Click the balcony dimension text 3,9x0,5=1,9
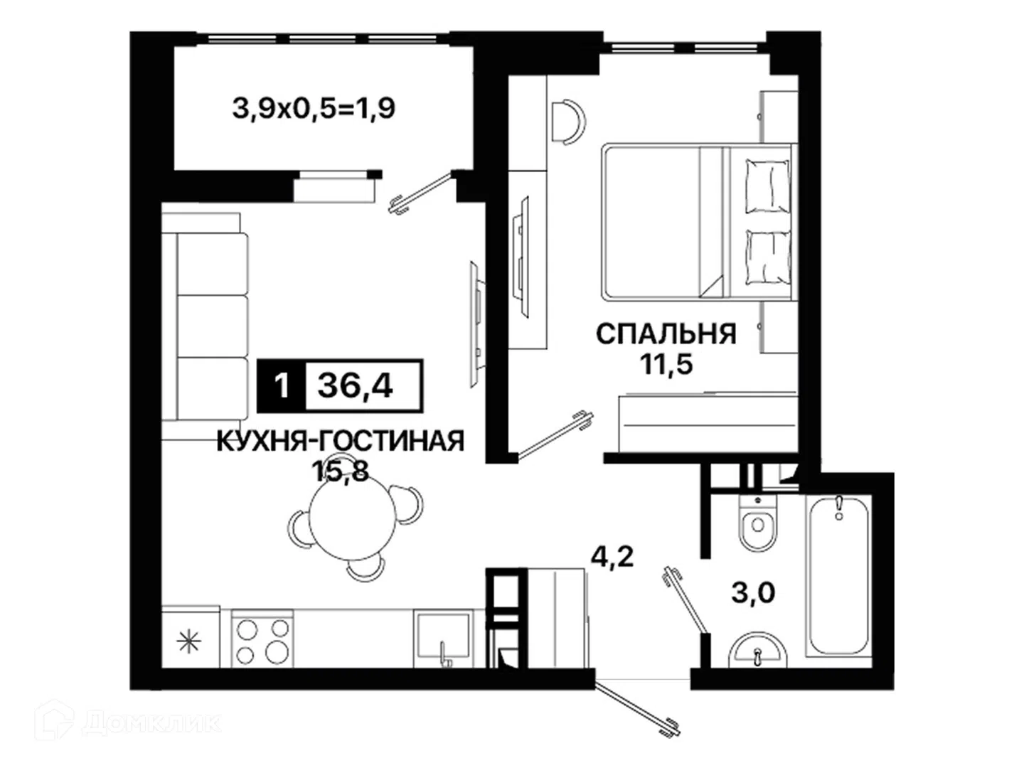pos(314,109)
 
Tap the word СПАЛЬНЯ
pos(666,334)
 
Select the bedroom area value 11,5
pos(666,364)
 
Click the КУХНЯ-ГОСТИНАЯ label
pos(341,441)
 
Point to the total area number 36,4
pos(355,386)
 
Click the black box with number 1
pos(282,386)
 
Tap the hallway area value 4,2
pos(612,556)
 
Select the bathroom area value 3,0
pos(753,592)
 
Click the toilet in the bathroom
pos(757,521)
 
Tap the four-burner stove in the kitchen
pos(262,639)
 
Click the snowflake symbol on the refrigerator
pos(189,641)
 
